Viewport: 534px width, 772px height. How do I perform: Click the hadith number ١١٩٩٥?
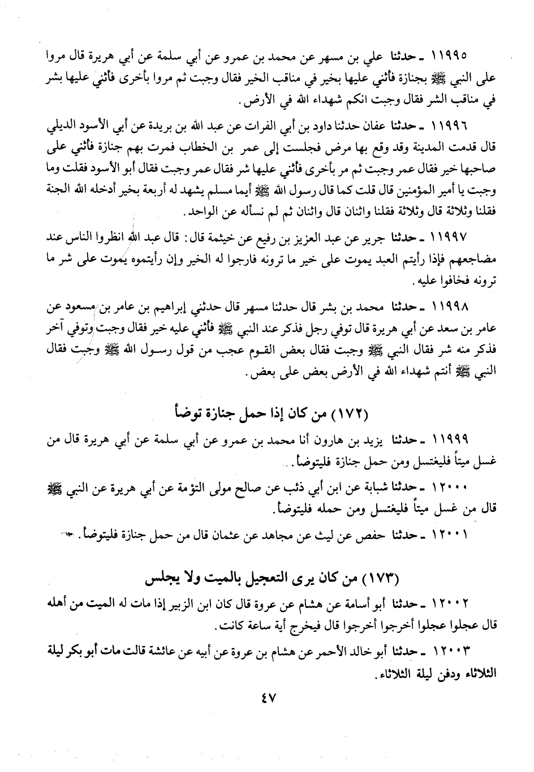click(x=449, y=58)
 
